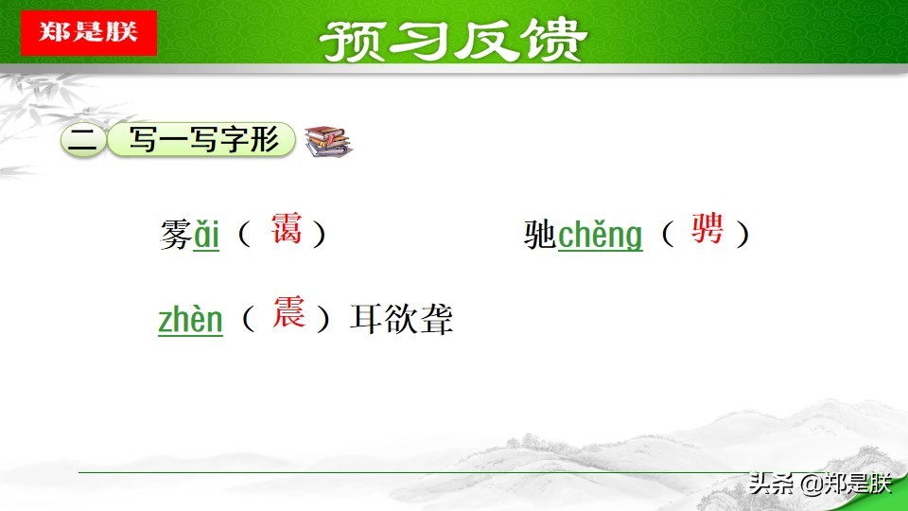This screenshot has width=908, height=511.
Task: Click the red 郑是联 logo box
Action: [x=89, y=32]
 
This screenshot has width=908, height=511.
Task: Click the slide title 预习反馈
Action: [x=453, y=40]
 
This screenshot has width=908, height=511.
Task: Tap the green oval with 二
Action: [x=83, y=141]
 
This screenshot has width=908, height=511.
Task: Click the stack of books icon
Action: [x=327, y=142]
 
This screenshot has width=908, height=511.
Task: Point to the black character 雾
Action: [x=176, y=235]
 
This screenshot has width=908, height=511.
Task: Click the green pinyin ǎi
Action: [x=206, y=235]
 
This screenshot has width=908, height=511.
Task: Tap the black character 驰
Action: [x=540, y=235]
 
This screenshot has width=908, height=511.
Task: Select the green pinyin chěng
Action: [x=600, y=235]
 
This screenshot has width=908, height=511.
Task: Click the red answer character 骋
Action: [x=707, y=230]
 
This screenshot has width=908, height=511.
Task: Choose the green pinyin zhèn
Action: [x=190, y=320]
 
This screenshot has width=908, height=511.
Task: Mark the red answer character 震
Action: [x=288, y=313]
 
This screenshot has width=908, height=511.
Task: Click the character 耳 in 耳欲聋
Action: [x=366, y=320]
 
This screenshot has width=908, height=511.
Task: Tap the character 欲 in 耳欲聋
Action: [x=401, y=320]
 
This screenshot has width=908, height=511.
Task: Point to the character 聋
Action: [x=437, y=320]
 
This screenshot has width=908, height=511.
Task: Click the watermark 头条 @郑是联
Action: [x=819, y=485]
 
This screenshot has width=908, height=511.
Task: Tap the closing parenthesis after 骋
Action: [x=743, y=234]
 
